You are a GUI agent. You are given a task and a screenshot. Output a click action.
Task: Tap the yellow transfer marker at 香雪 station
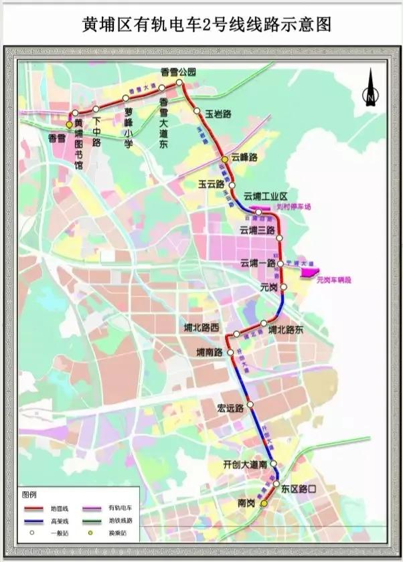69,124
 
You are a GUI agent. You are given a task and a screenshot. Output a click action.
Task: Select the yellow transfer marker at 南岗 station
264,503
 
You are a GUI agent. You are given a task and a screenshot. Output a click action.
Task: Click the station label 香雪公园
178,72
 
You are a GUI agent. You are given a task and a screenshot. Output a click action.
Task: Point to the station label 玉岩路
218,114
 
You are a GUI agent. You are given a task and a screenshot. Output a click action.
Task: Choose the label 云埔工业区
265,196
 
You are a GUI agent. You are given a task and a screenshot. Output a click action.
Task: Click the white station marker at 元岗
283,288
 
